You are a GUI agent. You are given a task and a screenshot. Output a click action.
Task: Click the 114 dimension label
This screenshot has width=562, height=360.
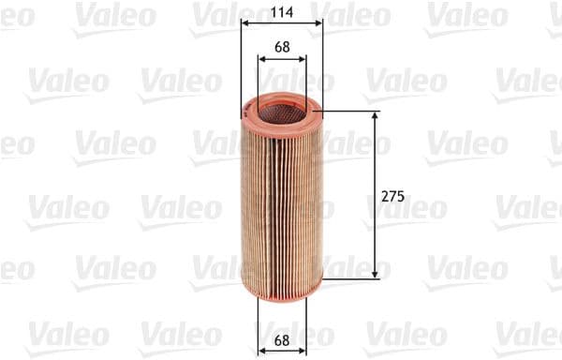click(x=281, y=12)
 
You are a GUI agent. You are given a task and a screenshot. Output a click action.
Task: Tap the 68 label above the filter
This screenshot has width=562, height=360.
click(x=281, y=46)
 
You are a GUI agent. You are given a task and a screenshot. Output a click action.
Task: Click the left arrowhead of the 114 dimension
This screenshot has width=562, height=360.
click(x=244, y=23)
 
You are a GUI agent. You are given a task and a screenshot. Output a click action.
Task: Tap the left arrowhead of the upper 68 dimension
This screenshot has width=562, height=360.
click(x=261, y=58)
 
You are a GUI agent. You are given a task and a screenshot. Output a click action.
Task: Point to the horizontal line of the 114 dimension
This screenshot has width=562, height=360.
click(x=281, y=23)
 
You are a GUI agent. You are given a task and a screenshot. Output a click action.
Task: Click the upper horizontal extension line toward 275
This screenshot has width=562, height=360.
click(x=351, y=112)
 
